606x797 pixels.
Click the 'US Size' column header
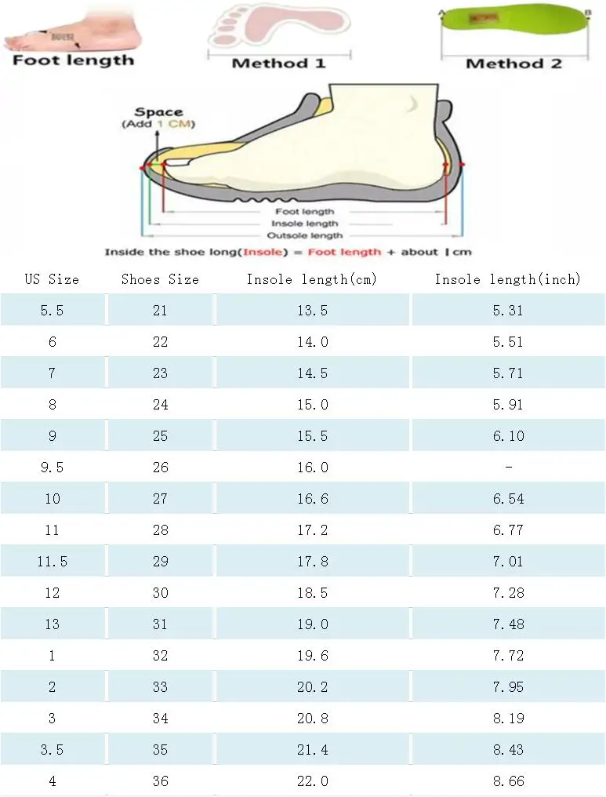[x=52, y=279]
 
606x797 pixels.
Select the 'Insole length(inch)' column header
[x=508, y=279]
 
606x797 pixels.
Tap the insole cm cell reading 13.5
[x=312, y=311]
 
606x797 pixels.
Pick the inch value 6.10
[x=508, y=436]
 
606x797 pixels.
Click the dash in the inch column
[x=508, y=468]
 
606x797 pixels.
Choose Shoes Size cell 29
[x=160, y=562]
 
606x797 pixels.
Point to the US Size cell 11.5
[x=52, y=562]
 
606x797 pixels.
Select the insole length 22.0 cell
[x=312, y=781]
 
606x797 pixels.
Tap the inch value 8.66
[x=508, y=781]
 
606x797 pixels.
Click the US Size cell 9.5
[x=52, y=468]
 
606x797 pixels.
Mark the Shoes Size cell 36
[x=160, y=781]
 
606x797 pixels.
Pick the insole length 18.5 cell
[x=312, y=593]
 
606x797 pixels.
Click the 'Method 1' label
[x=278, y=63]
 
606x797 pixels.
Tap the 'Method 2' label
[x=513, y=64]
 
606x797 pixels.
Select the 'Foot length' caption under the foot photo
[x=74, y=60]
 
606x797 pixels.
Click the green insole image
[x=513, y=27]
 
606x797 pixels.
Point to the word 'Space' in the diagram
[x=158, y=112]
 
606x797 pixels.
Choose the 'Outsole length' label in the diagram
[x=305, y=235]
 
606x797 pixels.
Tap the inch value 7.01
[x=508, y=562]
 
